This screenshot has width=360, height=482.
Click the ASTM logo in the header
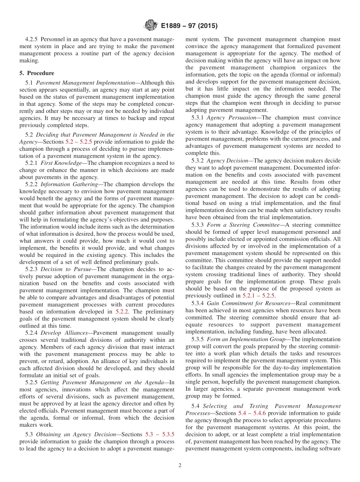click(x=150, y=26)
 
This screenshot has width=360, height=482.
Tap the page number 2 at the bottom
click(x=180, y=466)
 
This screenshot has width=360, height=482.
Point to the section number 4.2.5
click(x=31, y=39)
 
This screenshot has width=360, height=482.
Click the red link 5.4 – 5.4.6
click(x=253, y=413)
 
